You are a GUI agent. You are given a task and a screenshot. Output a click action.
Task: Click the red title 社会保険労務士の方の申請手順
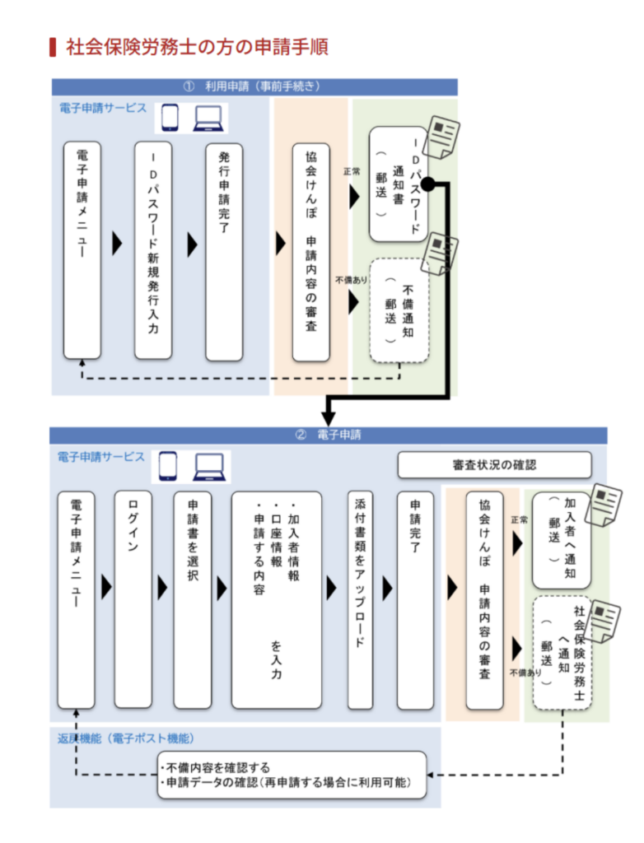(x=198, y=47)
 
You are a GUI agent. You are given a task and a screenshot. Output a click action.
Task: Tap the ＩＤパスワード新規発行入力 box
(x=153, y=250)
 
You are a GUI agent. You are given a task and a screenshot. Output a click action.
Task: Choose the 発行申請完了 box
(x=224, y=250)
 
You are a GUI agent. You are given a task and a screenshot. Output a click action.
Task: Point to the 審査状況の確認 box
(x=494, y=464)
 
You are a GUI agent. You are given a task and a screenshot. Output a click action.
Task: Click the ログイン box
(x=133, y=598)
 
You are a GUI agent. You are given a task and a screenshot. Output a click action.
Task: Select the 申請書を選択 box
(x=193, y=598)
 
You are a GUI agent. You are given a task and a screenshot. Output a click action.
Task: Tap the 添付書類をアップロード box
(x=360, y=598)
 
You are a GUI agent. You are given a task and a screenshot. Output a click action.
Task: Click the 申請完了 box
(x=415, y=598)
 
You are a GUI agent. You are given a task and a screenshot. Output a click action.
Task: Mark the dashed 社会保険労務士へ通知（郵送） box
(x=562, y=652)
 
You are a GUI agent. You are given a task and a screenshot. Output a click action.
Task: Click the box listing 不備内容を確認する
(x=292, y=775)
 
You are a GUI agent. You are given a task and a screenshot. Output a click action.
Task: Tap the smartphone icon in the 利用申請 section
(x=169, y=119)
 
